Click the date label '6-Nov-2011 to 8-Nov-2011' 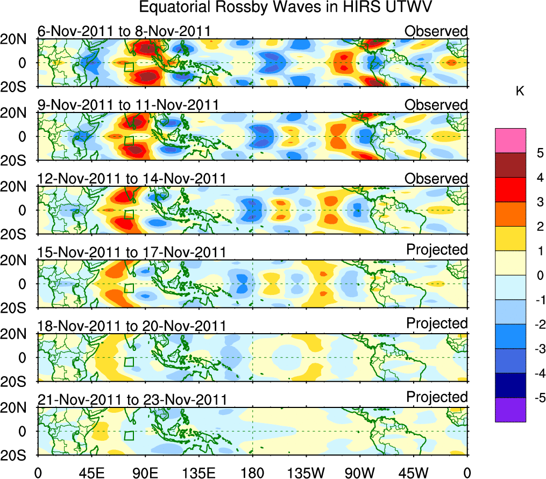click(x=124, y=31)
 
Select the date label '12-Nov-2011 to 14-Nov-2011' click(x=131, y=179)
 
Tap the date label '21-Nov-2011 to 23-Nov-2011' click(x=132, y=400)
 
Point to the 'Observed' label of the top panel click(x=436, y=31)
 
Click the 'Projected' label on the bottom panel click(x=437, y=397)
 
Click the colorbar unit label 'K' click(x=520, y=91)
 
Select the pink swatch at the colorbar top click(x=510, y=141)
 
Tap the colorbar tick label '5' click(x=539, y=153)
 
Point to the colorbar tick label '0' click(x=539, y=275)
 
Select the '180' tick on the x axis click(x=252, y=473)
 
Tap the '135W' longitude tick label click(x=306, y=473)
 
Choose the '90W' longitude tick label click(x=360, y=473)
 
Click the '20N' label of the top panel click(x=16, y=39)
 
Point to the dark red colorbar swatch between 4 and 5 click(x=510, y=165)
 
